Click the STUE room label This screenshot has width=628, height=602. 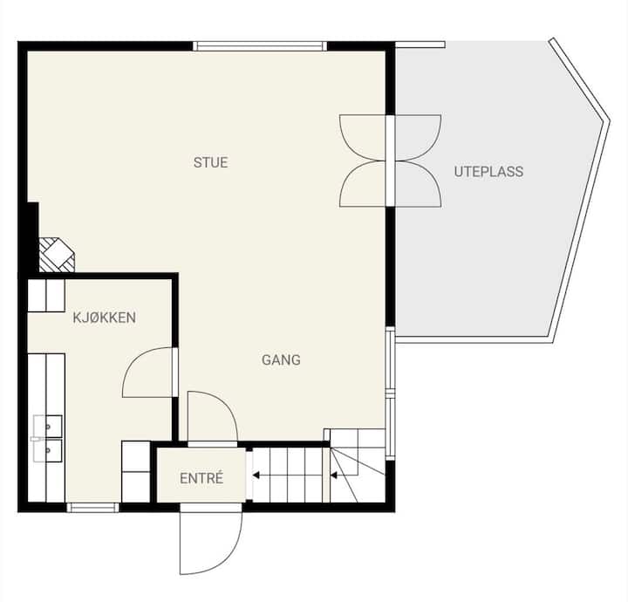[211, 162]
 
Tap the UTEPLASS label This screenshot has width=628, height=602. [488, 171]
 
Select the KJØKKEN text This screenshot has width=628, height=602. [104, 318]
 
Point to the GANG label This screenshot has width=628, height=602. [281, 359]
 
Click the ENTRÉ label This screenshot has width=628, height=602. [201, 478]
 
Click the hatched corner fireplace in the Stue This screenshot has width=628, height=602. [56, 255]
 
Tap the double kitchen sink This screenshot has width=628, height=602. [48, 438]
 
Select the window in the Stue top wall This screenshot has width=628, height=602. [260, 46]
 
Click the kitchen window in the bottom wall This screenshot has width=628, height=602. [93, 508]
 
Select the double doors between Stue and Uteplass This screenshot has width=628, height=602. [391, 161]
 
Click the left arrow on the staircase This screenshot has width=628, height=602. [256, 475]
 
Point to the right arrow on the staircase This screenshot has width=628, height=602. [333, 475]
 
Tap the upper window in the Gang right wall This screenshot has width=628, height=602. [390, 358]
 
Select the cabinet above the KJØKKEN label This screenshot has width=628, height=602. [46, 296]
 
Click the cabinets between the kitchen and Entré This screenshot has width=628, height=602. [136, 472]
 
